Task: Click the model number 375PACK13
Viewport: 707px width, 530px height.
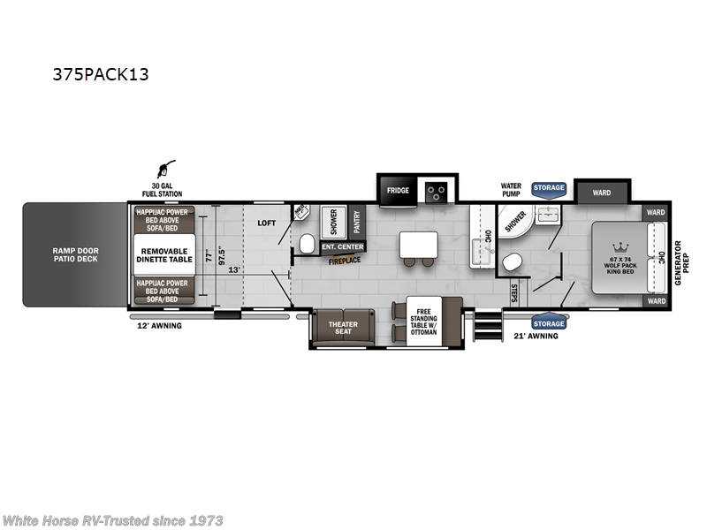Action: (x=101, y=74)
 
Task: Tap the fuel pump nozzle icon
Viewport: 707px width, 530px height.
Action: (x=165, y=169)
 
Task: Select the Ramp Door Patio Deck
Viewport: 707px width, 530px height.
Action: (x=75, y=255)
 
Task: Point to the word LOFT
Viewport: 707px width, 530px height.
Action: (x=268, y=223)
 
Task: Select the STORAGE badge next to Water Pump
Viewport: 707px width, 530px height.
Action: (x=549, y=188)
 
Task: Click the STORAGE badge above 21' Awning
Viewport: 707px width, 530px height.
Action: (x=549, y=323)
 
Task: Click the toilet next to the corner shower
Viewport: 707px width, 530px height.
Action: (x=512, y=261)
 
